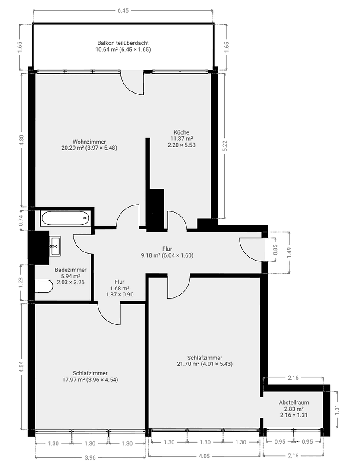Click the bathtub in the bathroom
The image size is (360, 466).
pyautogui.click(x=66, y=218)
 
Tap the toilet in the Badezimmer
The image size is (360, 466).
pyautogui.click(x=44, y=286)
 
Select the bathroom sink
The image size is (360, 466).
pyautogui.click(x=55, y=246)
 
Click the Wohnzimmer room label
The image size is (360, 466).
pyautogui.click(x=89, y=142)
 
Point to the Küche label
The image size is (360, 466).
pyautogui.click(x=181, y=132)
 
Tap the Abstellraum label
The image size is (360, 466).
pyautogui.click(x=294, y=403)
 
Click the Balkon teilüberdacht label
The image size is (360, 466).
pyautogui.click(x=123, y=43)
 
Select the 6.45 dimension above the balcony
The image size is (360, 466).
pyautogui.click(x=123, y=10)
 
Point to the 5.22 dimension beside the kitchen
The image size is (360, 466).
pyautogui.click(x=225, y=146)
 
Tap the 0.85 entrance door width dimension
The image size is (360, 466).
pyautogui.click(x=275, y=249)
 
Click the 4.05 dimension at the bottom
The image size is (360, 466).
pyautogui.click(x=204, y=456)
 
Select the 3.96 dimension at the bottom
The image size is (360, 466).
pyautogui.click(x=90, y=457)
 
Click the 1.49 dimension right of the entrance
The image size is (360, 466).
pyautogui.click(x=290, y=252)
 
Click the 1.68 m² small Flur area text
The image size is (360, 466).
pyautogui.click(x=120, y=288)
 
